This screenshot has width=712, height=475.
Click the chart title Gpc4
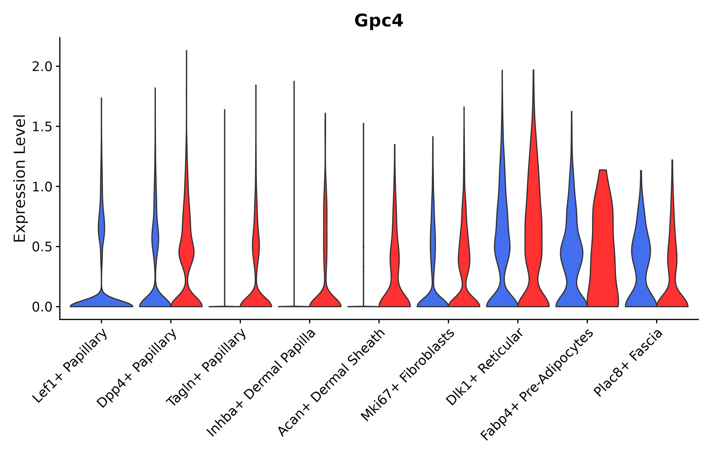[x=378, y=21]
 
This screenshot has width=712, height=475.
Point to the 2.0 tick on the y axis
[x=42, y=67]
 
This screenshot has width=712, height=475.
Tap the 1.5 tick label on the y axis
[x=42, y=127]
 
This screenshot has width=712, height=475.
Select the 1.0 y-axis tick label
[x=42, y=187]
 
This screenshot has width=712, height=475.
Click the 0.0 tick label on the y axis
[x=42, y=307]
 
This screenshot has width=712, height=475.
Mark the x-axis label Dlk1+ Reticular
[x=484, y=367]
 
